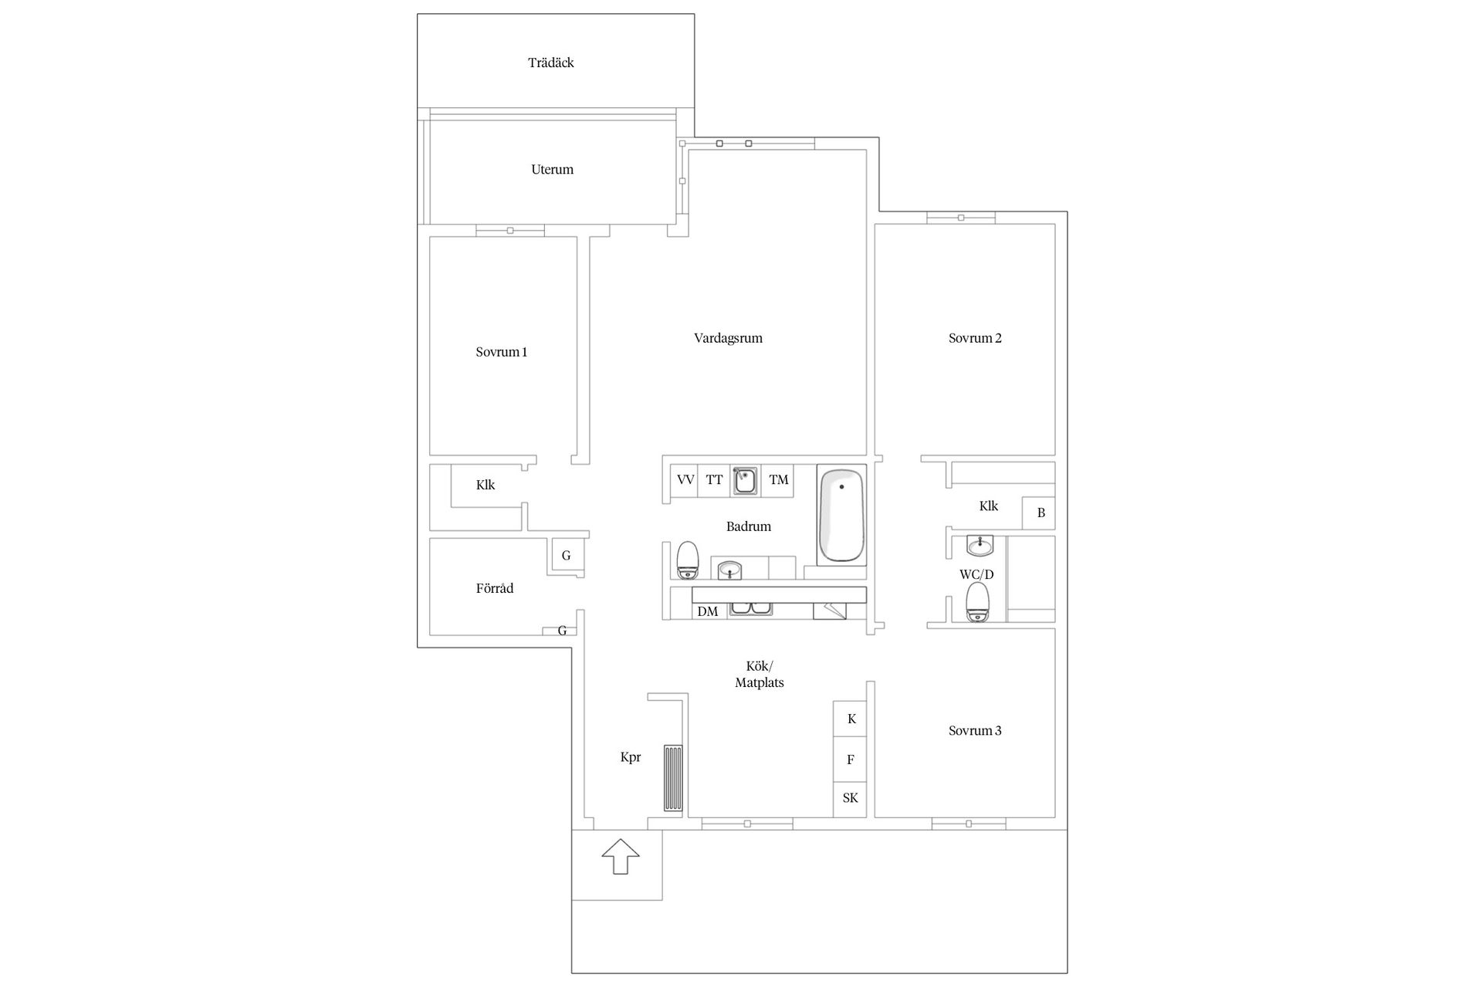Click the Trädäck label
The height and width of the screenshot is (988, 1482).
pyautogui.click(x=551, y=63)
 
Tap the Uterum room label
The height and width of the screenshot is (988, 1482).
pyautogui.click(x=552, y=169)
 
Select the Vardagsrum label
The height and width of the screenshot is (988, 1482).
pyautogui.click(x=728, y=338)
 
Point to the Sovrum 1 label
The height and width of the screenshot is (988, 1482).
pyautogui.click(x=502, y=352)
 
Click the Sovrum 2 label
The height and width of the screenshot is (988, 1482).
pyautogui.click(x=975, y=338)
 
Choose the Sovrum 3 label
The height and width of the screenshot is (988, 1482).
pyautogui.click(x=975, y=730)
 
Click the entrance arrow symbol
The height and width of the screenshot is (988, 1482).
pyautogui.click(x=621, y=857)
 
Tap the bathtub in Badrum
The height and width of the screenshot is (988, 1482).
pyautogui.click(x=841, y=515)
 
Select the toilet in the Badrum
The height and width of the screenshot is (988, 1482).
pyautogui.click(x=687, y=560)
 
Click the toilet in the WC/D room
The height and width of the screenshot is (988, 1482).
pyautogui.click(x=978, y=602)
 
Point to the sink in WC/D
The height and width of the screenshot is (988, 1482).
pyautogui.click(x=980, y=546)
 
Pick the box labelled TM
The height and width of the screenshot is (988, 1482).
pyautogui.click(x=779, y=480)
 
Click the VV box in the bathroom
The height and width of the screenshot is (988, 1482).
pyautogui.click(x=685, y=480)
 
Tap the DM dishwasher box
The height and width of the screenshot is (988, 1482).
pyautogui.click(x=708, y=611)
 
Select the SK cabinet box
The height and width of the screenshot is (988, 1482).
pyautogui.click(x=850, y=798)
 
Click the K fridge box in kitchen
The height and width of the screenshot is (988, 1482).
pyautogui.click(x=850, y=719)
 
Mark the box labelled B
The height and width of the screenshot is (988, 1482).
pyautogui.click(x=1039, y=513)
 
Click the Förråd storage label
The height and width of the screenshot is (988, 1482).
pyautogui.click(x=495, y=588)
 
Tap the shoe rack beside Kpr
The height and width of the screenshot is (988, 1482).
pyautogui.click(x=673, y=778)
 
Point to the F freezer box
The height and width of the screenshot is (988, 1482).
pyautogui.click(x=850, y=760)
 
